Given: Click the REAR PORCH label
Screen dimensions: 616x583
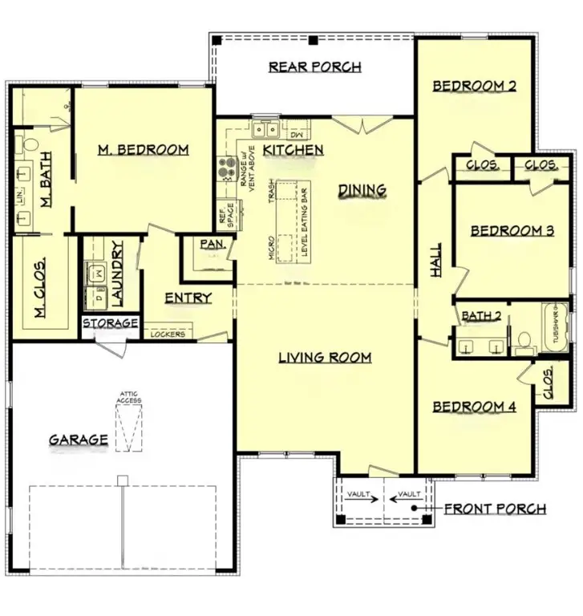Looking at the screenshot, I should (x=314, y=67).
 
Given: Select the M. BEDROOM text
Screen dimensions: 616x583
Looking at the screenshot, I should (x=144, y=149).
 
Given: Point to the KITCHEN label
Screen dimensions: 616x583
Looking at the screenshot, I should (x=294, y=150).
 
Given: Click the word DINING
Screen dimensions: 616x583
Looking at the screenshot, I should (x=362, y=190).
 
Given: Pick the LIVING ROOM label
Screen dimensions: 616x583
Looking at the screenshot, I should (x=325, y=357).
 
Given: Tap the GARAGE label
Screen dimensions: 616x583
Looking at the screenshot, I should (x=78, y=440).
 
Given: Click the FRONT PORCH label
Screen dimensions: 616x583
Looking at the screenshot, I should (x=495, y=509).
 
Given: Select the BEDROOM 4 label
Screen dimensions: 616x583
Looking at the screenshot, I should (x=474, y=407).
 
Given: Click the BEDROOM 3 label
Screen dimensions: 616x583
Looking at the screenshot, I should (x=512, y=231).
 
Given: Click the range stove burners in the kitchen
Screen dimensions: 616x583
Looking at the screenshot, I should (x=225, y=168).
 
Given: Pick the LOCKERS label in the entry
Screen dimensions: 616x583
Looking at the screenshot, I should (x=168, y=334).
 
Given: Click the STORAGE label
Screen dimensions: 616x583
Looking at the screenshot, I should (x=111, y=323).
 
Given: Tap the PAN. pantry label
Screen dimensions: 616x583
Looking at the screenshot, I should (x=211, y=244).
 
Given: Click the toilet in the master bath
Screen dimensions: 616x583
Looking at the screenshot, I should (x=30, y=144).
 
